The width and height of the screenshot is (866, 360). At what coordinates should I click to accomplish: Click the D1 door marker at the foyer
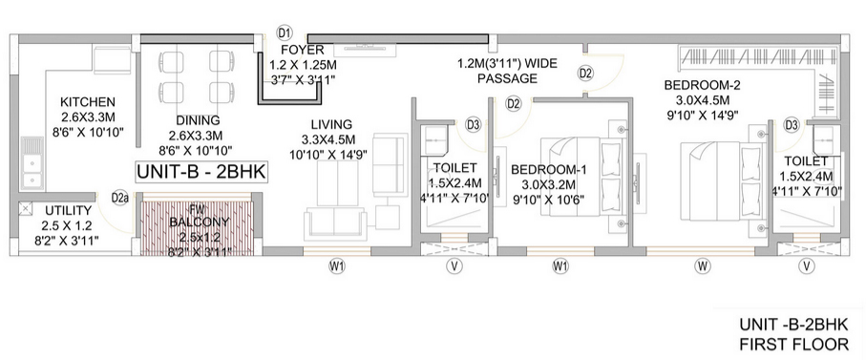pos(284,32)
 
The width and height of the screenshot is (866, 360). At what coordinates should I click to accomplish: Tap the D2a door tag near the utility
pos(120,199)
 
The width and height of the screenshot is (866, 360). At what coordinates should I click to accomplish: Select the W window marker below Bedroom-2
pos(702,265)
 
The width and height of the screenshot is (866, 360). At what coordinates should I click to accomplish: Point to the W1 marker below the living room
pos(337,265)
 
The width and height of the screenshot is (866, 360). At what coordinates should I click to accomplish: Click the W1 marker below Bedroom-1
pos(560,265)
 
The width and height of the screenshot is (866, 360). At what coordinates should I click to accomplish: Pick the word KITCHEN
pos(88,103)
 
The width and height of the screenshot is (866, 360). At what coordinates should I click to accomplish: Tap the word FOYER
pos(304,49)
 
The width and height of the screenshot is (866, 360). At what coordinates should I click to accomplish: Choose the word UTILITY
pos(67,210)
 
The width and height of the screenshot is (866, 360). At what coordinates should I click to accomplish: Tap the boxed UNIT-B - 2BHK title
pos(201,173)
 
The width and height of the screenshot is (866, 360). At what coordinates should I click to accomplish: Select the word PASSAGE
pos(505,80)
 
